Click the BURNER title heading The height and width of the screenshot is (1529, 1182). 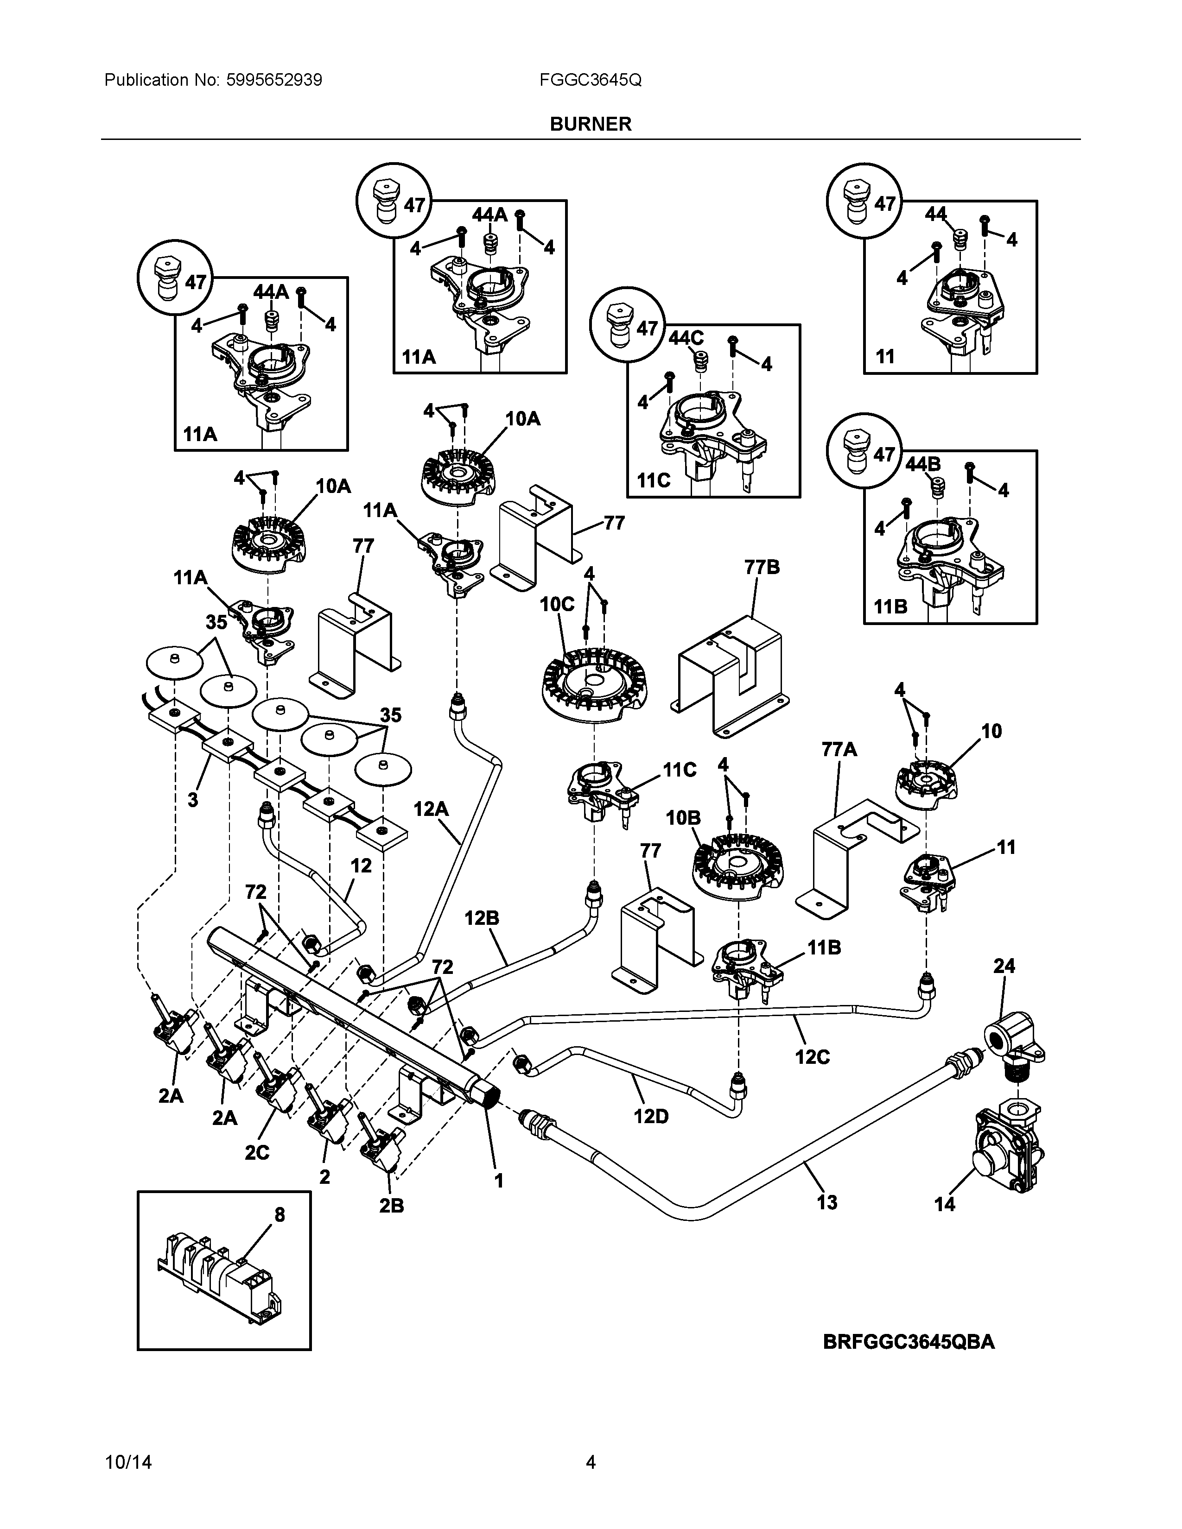click(590, 124)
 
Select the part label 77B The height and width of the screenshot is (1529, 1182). click(762, 567)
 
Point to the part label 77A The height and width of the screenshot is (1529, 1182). click(839, 750)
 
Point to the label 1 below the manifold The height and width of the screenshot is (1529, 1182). click(499, 1181)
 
